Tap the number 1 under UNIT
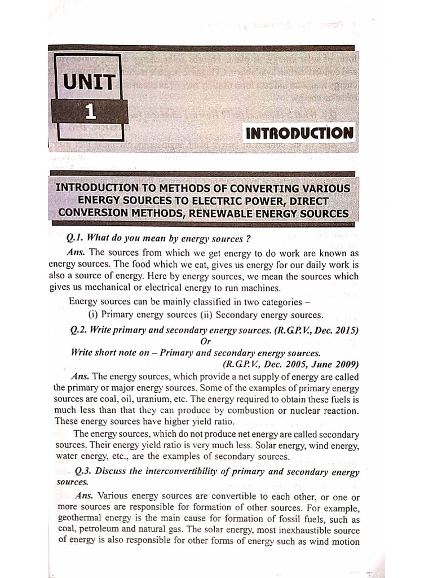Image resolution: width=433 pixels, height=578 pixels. click(x=89, y=112)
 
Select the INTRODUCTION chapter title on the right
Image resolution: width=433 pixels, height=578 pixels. click(x=299, y=134)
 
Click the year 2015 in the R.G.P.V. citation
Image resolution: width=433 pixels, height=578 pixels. click(x=346, y=330)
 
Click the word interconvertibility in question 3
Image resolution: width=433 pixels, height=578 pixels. click(x=183, y=472)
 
